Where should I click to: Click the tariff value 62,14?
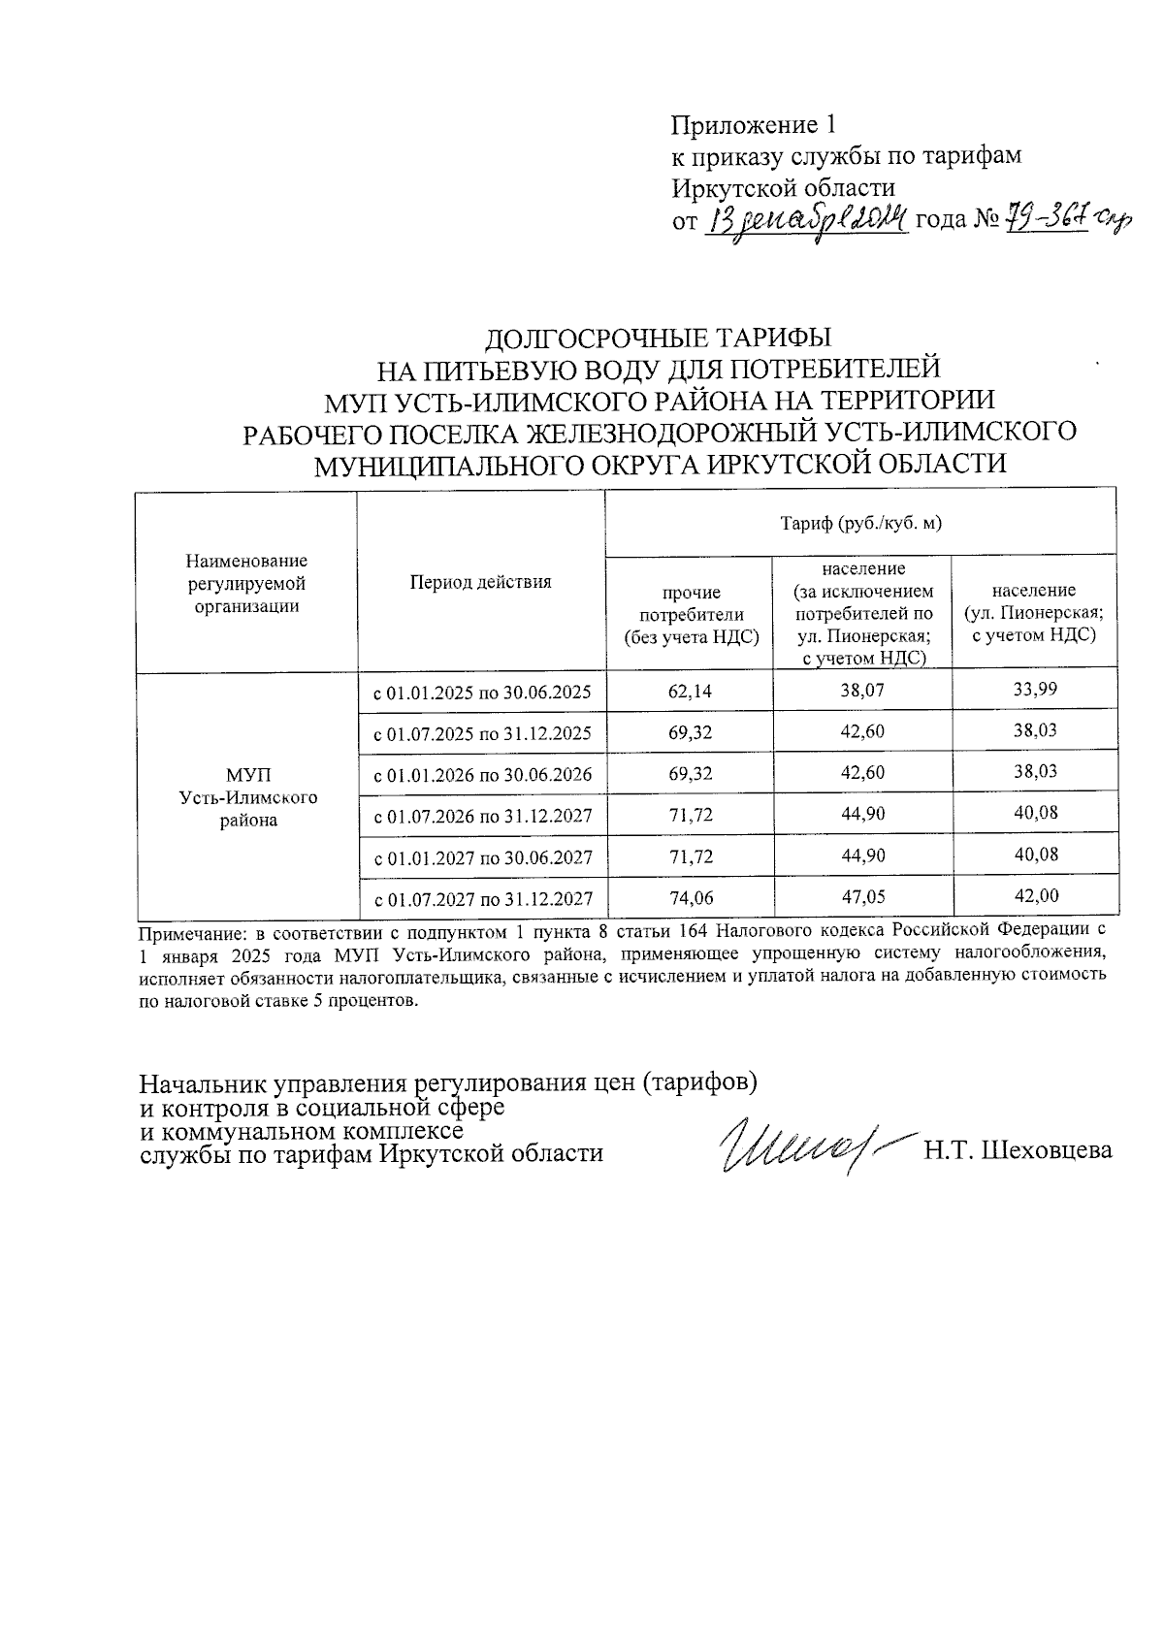coord(690,691)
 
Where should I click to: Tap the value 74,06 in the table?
coord(690,897)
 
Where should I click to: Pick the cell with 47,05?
coord(862,897)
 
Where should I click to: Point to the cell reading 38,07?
coord(862,691)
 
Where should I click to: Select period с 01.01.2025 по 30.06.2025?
coord(482,693)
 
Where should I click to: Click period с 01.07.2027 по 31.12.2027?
coord(482,898)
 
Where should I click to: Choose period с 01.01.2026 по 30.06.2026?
coord(482,775)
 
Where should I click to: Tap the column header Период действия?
coord(480,582)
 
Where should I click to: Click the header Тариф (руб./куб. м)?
coord(861,524)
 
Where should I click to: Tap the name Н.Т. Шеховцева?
coord(1018,1150)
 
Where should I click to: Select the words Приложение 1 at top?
coord(753,125)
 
